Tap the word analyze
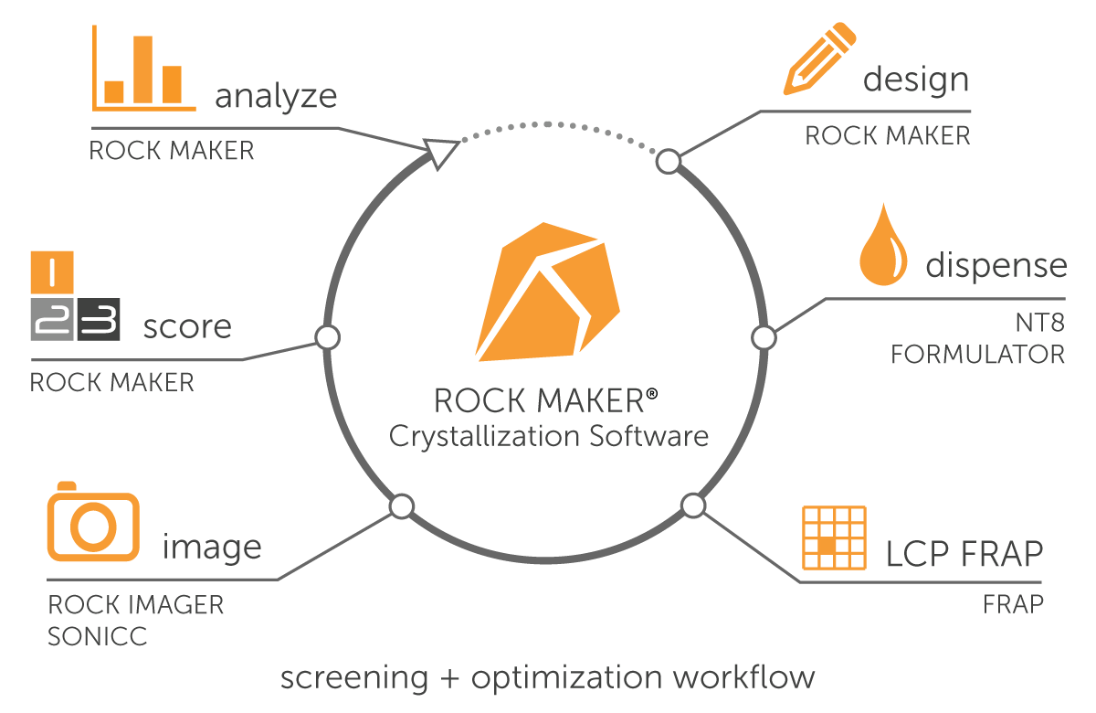click(276, 95)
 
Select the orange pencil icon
click(818, 59)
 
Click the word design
click(916, 80)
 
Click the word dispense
click(996, 265)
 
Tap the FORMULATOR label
click(977, 354)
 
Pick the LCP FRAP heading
click(964, 553)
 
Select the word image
click(212, 548)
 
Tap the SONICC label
click(97, 636)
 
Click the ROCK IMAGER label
click(135, 604)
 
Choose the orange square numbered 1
click(51, 271)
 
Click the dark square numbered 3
click(99, 319)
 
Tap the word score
click(187, 326)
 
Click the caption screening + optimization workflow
click(547, 677)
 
